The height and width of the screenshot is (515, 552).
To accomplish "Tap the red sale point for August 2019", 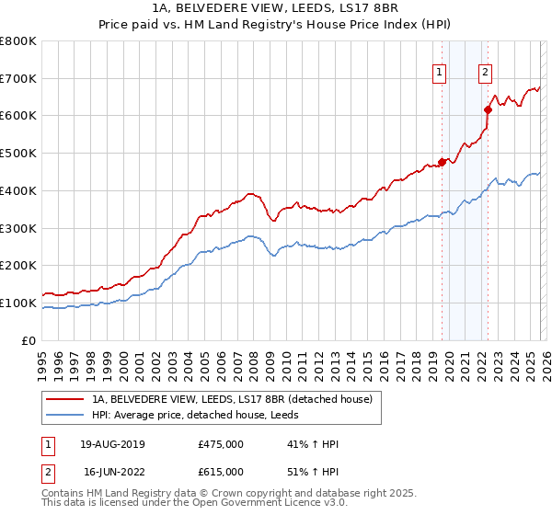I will pyautogui.click(x=442, y=162).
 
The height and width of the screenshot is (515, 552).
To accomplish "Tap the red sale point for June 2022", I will pyautogui.click(x=488, y=109).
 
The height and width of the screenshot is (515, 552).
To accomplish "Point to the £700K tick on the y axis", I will pyautogui.click(x=19, y=79).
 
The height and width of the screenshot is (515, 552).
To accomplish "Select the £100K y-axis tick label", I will pyautogui.click(x=19, y=303).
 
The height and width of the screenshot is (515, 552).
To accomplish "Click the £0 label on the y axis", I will pyautogui.click(x=29, y=340).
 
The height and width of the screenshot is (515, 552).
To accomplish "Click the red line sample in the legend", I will pyautogui.click(x=64, y=399).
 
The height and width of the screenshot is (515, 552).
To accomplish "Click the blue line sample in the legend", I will pyautogui.click(x=64, y=415).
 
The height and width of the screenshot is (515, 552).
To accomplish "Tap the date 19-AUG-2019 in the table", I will pyautogui.click(x=113, y=444).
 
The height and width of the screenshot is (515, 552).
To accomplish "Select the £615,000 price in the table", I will pyautogui.click(x=221, y=471).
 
